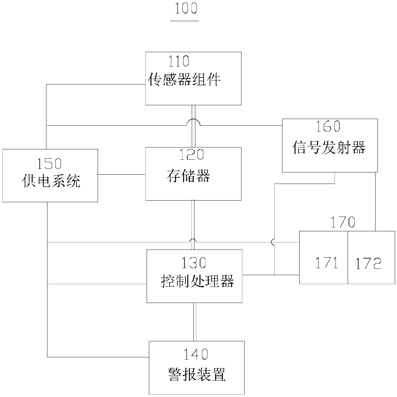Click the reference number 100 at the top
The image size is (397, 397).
[185, 9]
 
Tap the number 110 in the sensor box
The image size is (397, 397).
[179, 61]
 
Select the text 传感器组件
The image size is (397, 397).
[185, 79]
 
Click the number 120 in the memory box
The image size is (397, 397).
[191, 155]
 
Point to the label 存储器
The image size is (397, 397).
[188, 176]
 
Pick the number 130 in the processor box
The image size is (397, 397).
[194, 263]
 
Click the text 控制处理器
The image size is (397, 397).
[197, 281]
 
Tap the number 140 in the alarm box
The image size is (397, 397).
[196, 354]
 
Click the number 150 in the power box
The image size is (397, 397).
[49, 164]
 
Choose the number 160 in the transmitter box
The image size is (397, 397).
[328, 126]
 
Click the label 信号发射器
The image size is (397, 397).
[329, 147]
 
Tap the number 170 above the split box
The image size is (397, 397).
[343, 222]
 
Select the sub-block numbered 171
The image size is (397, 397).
[324, 258]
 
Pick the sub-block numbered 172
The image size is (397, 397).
[371, 258]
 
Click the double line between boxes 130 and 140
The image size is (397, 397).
[194, 322]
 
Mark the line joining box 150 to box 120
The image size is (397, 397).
[122, 174]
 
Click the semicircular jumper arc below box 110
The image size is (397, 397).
[193, 122]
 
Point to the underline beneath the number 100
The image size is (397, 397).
[185, 21]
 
